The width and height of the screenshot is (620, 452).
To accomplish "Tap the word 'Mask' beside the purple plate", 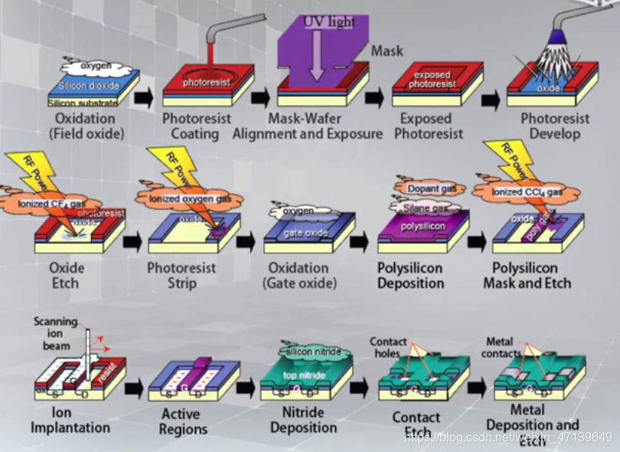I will click(x=387, y=51).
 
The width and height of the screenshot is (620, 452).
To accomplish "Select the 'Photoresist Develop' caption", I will click(x=555, y=126).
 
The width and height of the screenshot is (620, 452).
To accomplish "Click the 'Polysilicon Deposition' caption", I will click(x=410, y=276).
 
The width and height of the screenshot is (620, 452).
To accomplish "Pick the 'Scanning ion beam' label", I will click(x=55, y=333).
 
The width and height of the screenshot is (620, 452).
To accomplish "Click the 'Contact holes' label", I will click(x=388, y=347).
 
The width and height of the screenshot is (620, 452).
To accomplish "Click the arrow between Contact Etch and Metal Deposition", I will click(x=477, y=388).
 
